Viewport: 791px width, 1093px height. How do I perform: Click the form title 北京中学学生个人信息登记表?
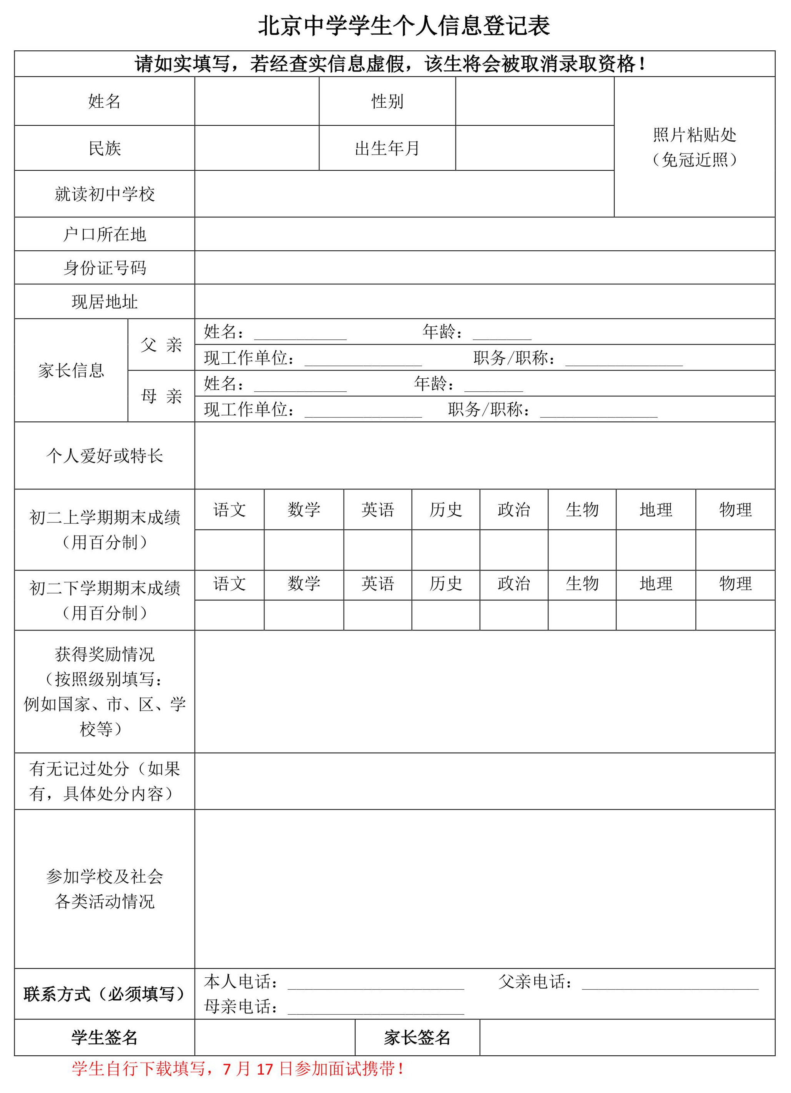[404, 26]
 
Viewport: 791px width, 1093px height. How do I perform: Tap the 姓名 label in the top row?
[104, 101]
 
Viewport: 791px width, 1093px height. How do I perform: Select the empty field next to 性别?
[534, 101]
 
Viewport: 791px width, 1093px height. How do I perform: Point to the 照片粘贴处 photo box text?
[694, 135]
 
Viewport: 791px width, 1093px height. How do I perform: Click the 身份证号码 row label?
[104, 268]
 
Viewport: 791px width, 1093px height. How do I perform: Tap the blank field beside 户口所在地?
[484, 234]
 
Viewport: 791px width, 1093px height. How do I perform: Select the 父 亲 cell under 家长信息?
[161, 344]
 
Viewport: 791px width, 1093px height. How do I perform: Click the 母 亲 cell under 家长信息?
[161, 396]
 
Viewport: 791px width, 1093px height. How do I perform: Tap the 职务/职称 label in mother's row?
[489, 409]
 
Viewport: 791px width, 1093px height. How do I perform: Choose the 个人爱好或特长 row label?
[104, 456]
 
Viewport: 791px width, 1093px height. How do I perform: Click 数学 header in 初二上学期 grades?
[304, 509]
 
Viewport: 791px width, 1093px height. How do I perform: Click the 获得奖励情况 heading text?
[104, 654]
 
